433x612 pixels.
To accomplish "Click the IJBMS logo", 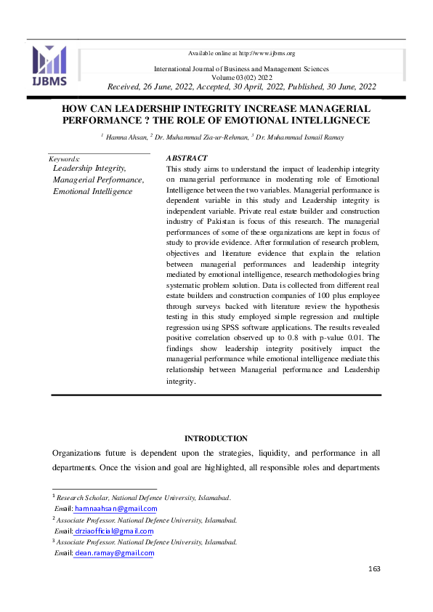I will tap(49, 65).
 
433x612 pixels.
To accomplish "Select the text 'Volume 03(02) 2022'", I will tap(241, 77).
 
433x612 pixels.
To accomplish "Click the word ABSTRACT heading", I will tap(187, 158).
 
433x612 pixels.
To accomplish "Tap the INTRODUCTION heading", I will tap(216, 438).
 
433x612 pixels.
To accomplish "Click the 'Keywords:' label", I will tap(64, 158).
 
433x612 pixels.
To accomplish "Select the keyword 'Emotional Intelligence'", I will tap(93, 191).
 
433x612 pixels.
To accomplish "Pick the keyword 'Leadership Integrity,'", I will tap(90, 168).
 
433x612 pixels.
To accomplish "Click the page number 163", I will tap(374, 568).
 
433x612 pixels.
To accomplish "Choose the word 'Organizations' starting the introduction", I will tap(80, 453).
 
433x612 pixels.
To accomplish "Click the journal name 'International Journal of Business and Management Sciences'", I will tap(241, 69).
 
